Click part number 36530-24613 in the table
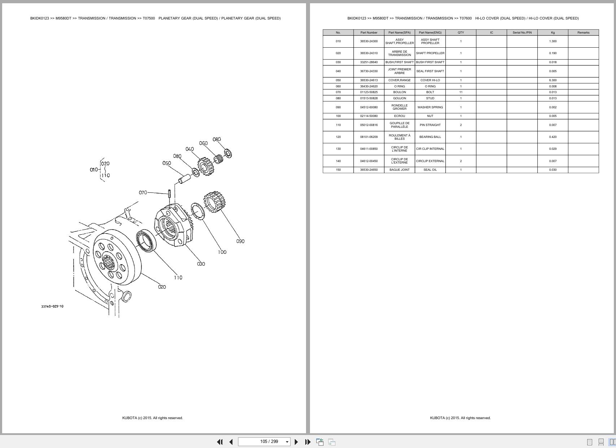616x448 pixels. (x=368, y=80)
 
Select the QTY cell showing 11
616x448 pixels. (x=460, y=92)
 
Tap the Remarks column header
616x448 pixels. (x=583, y=32)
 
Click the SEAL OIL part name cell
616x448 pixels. (x=430, y=170)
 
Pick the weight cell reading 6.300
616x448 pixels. (x=552, y=80)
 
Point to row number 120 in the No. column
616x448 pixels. (x=338, y=137)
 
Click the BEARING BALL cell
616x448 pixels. (x=430, y=137)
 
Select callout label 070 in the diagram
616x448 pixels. (x=143, y=192)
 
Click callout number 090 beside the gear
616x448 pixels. (x=240, y=241)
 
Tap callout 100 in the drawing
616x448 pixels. (x=222, y=252)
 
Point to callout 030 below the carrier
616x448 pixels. (x=201, y=264)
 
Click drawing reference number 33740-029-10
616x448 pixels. (x=52, y=306)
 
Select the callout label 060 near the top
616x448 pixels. (x=203, y=143)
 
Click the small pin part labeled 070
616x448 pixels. (x=169, y=193)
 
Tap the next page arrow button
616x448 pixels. (x=296, y=442)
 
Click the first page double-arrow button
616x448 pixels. (x=219, y=442)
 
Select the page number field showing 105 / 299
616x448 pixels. (x=269, y=442)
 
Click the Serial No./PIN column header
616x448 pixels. (x=522, y=32)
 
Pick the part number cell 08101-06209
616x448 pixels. (x=368, y=137)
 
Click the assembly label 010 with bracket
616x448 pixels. (x=93, y=169)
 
